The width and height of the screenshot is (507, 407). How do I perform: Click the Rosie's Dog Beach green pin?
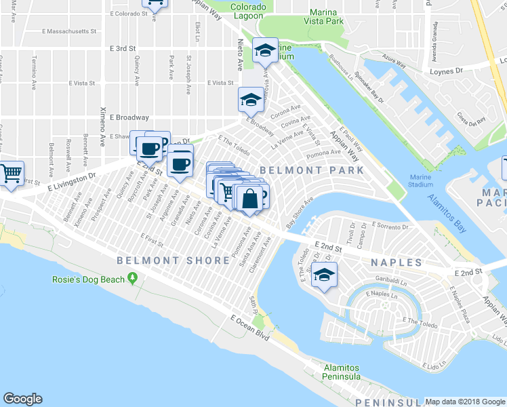click(133, 278)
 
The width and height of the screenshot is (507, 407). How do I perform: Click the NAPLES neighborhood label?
click(397, 262)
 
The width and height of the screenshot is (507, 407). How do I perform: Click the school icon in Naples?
click(325, 275)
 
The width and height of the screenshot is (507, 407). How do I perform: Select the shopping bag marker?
click(249, 199)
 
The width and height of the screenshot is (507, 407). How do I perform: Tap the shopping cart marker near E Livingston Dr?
click(11, 174)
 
